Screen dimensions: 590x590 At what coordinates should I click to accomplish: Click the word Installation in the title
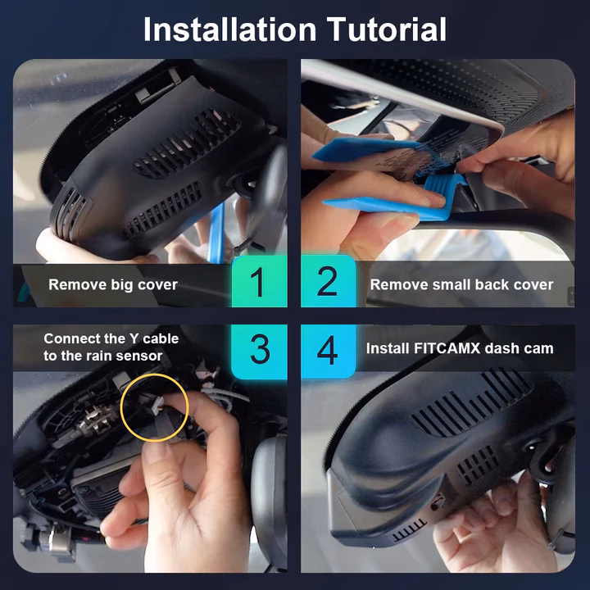click(x=229, y=29)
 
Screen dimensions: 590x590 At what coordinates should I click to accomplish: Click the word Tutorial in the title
click(x=387, y=29)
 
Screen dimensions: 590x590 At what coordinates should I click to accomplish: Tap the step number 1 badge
click(x=259, y=281)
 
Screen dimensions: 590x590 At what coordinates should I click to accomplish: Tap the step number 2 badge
click(x=328, y=281)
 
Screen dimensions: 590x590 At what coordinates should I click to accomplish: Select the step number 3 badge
click(x=259, y=351)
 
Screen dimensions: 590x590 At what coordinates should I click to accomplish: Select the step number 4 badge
click(x=328, y=351)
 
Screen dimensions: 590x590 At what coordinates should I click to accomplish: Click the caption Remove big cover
click(x=113, y=285)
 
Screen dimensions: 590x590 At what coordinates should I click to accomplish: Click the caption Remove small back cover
click(x=461, y=285)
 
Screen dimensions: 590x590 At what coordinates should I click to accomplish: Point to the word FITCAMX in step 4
click(x=447, y=348)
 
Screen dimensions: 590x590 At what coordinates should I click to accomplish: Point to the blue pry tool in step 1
click(x=216, y=234)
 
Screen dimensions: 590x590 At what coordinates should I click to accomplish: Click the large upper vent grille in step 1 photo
click(x=188, y=143)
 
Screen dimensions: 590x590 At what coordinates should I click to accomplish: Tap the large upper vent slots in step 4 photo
click(x=470, y=403)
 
